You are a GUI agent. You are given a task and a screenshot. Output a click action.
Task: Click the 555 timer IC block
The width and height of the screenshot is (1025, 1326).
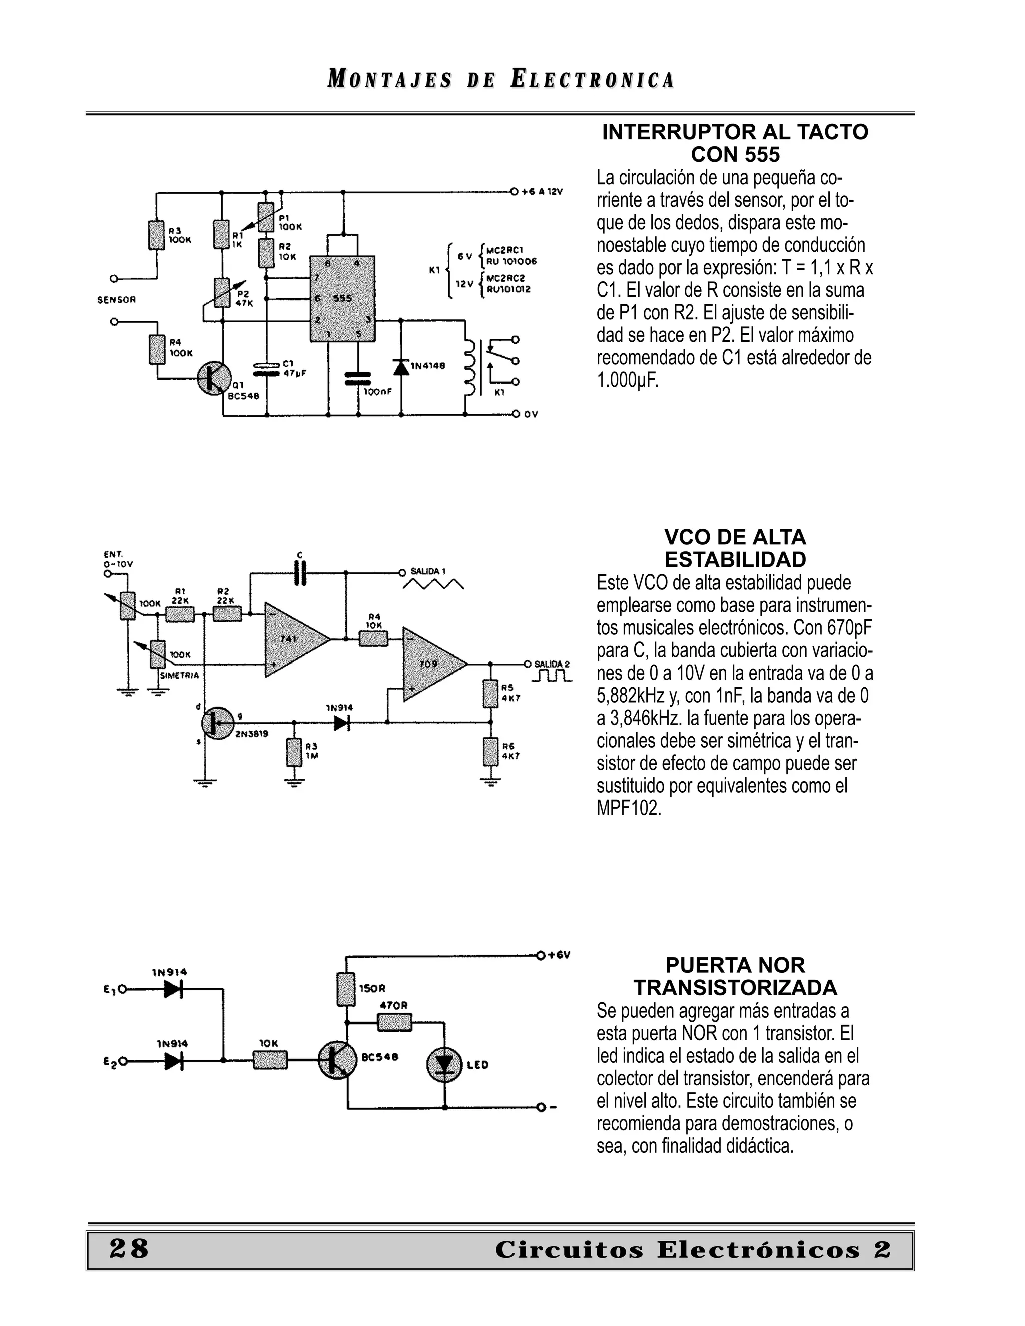[342, 299]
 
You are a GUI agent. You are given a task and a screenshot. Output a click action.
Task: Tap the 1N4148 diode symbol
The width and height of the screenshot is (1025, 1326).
[401, 367]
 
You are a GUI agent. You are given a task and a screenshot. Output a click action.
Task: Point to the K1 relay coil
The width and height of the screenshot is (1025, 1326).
[469, 367]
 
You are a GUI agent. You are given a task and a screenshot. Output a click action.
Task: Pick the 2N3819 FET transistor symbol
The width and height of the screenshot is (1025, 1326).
[217, 722]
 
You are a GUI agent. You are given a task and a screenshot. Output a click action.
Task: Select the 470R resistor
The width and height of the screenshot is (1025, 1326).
[394, 1022]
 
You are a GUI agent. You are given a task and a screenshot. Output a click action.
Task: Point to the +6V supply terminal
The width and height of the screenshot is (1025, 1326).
[540, 955]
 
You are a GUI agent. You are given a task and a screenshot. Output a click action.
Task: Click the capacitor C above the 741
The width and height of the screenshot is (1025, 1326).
[300, 572]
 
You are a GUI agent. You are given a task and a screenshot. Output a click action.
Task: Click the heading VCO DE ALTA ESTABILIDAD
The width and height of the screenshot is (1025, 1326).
[735, 548]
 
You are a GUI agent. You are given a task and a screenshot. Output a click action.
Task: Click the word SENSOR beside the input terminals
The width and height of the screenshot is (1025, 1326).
[117, 300]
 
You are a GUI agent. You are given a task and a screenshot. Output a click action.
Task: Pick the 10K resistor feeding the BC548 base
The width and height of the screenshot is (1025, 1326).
[270, 1060]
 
